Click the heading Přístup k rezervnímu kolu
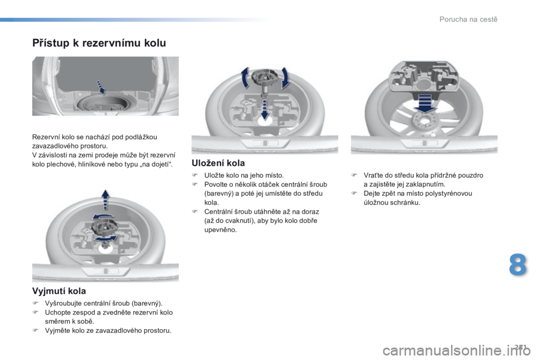99,43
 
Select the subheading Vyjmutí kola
59,291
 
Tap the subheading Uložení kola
218,163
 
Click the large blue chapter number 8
517,264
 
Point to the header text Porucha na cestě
469,19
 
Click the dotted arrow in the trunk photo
100,87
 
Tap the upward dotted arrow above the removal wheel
105,200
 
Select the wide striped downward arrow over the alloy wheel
425,103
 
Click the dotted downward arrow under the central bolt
264,109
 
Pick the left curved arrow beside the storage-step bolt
245,78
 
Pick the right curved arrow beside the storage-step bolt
285,78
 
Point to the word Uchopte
56,313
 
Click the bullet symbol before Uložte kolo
194,175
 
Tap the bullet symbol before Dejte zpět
354,193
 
